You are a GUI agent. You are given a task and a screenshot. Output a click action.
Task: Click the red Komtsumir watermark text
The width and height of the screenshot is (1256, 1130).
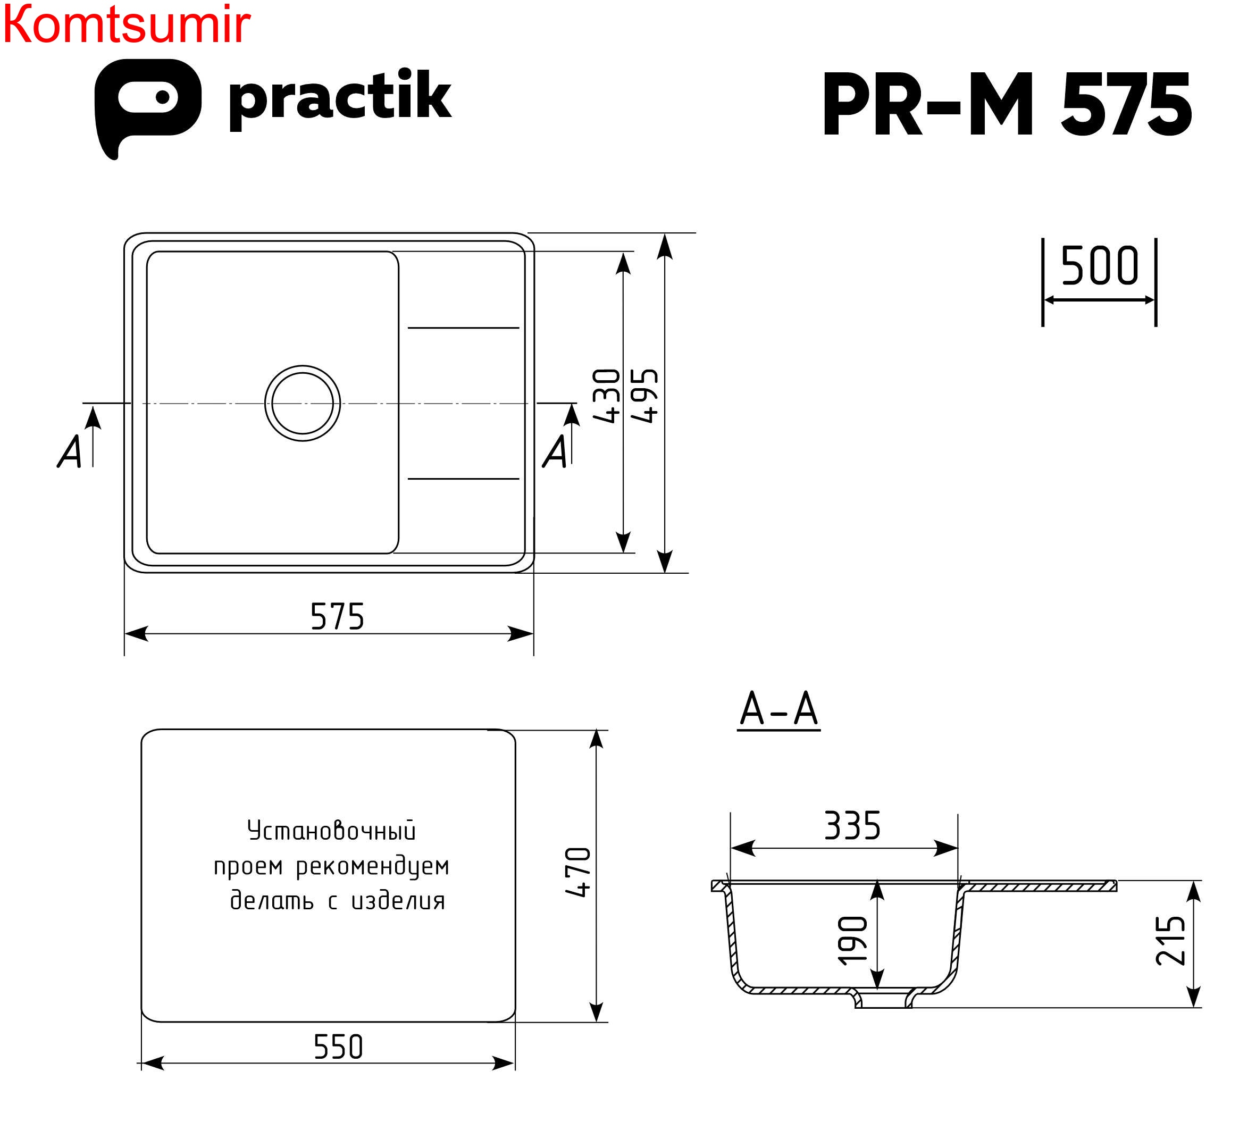126,25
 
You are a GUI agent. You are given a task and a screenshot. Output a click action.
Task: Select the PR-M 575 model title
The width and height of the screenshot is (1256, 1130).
1005,104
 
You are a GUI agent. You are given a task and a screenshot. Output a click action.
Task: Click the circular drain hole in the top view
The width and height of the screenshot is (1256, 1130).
303,403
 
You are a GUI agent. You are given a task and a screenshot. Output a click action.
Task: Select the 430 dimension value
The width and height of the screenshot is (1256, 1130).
606,396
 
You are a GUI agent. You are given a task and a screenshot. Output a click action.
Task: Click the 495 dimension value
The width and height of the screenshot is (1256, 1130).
644,396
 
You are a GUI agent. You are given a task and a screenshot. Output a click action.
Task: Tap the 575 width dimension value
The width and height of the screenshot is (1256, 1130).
337,616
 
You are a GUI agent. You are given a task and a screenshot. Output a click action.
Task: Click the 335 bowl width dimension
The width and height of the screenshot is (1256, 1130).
852,826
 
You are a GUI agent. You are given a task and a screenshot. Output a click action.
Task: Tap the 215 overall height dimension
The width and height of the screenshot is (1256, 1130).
1170,940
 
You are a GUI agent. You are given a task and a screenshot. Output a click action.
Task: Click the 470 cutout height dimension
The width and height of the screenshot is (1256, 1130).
578,872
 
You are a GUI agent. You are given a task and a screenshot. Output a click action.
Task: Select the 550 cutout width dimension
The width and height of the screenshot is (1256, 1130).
338,1047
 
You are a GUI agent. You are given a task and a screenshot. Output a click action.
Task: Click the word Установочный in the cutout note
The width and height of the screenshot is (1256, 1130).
331,831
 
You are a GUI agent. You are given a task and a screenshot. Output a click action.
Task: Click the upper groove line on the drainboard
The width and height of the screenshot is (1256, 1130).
463,327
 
